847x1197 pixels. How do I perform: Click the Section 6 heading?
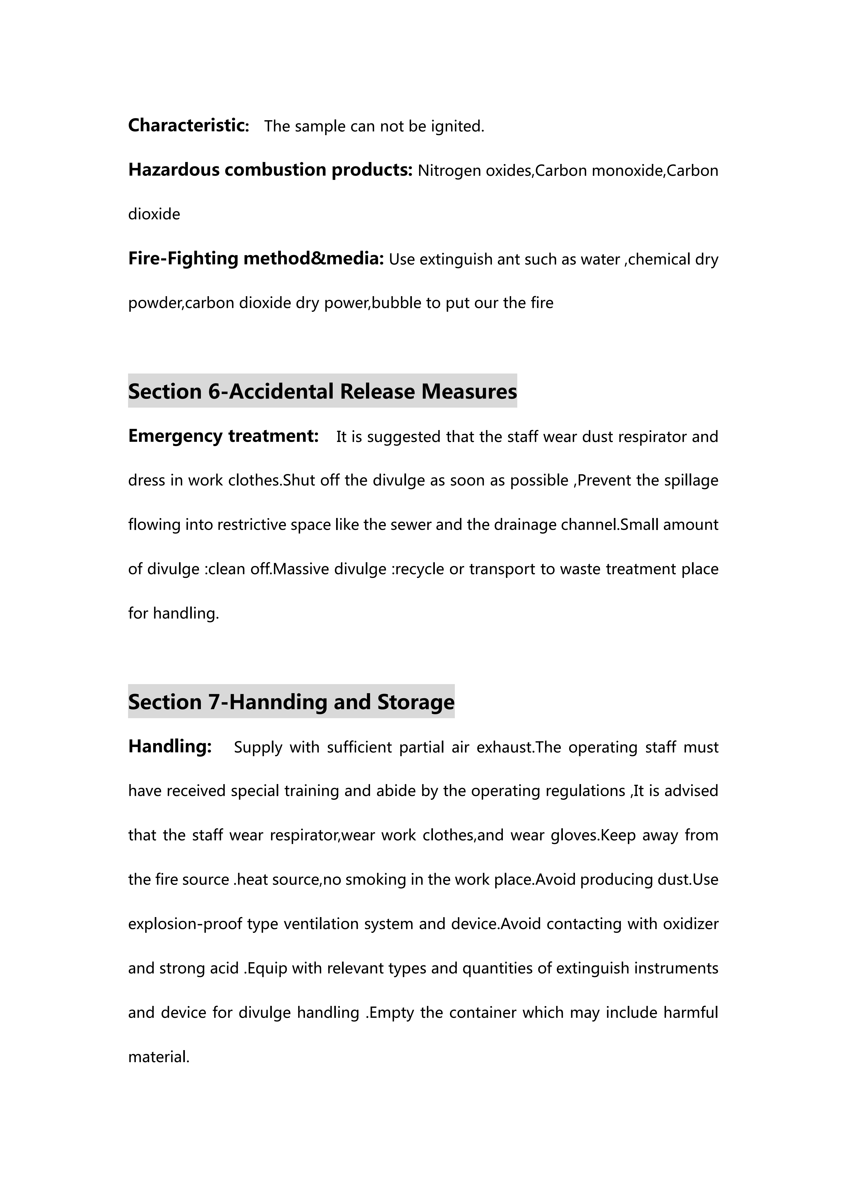click(322, 392)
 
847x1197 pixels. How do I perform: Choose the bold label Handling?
click(170, 746)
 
